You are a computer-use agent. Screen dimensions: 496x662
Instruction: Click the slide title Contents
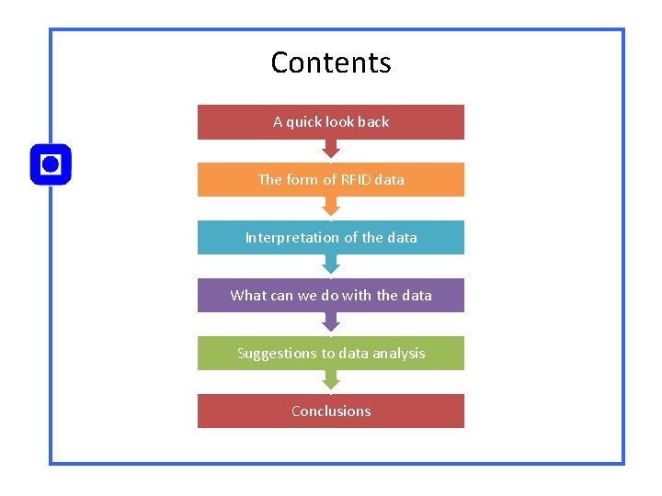coord(331,62)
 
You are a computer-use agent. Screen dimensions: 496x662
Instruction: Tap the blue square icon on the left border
coord(51,164)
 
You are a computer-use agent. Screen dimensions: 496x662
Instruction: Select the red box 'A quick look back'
coord(331,122)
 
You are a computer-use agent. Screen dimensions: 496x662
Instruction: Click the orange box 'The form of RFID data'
coord(331,180)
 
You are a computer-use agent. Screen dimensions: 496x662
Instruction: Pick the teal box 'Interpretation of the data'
coord(331,238)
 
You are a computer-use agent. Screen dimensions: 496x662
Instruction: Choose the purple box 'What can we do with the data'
coord(331,296)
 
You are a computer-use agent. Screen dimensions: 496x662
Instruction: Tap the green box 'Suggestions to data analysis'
coord(331,354)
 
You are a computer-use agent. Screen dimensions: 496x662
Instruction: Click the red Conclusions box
coord(331,411)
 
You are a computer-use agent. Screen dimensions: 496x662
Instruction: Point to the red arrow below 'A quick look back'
coord(331,150)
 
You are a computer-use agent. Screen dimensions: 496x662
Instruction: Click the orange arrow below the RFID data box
coord(331,208)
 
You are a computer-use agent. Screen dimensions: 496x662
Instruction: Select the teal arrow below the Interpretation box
coord(331,265)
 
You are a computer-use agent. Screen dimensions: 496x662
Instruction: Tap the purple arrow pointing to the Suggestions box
coord(331,323)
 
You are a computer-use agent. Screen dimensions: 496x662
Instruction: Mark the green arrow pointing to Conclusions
coord(331,381)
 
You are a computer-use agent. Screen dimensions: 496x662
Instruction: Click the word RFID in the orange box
coord(354,180)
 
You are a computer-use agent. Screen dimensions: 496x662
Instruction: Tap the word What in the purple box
coord(247,296)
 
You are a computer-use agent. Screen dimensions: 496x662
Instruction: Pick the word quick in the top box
coord(302,122)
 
